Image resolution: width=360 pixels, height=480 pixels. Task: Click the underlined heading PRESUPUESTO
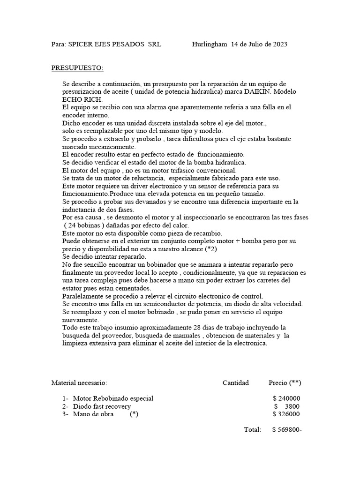pos(77,68)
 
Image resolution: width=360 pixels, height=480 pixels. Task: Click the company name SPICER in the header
pos(82,45)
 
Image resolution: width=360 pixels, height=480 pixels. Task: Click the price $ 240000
pos(286,398)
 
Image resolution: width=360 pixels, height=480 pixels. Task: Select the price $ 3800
pos(287,406)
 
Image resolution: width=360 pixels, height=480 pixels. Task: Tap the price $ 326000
pos(286,414)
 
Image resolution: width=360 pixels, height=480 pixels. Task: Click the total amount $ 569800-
pos(286,430)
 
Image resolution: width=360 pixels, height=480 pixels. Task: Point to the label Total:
pos(253,430)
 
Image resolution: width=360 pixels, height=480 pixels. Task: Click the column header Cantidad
pos(236,383)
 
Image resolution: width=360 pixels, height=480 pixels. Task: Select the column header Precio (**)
pos(285,383)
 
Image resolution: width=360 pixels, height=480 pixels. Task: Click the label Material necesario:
pos(79,383)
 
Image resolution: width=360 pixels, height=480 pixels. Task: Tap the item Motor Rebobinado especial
pos(113,398)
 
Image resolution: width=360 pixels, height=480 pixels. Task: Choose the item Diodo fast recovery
pos(102,406)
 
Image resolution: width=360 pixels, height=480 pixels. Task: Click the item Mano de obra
pos(93,414)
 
